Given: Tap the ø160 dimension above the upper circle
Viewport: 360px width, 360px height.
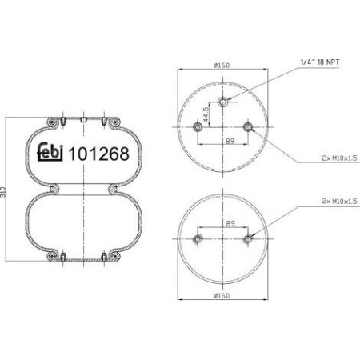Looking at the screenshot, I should [222, 64].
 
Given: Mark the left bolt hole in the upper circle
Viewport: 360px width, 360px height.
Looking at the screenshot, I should [198, 126].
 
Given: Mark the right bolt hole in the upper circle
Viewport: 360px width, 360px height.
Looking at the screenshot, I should [248, 126].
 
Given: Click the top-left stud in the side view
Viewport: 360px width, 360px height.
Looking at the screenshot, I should [62, 121].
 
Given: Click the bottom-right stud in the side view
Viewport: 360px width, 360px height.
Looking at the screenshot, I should [105, 258].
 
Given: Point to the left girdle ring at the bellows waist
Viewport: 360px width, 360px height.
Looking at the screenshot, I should [58, 190].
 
